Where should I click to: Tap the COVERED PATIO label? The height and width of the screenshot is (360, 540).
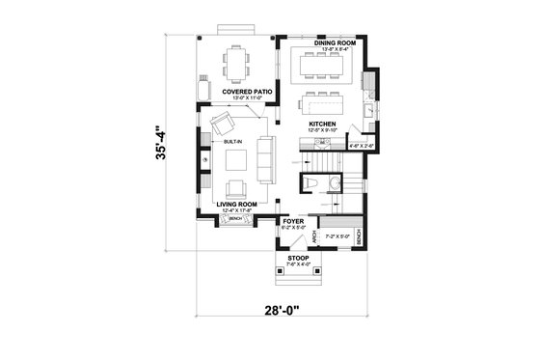click(x=245, y=92)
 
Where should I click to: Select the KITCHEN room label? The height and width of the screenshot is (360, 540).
click(x=321, y=125)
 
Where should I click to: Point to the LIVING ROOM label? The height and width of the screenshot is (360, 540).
click(x=235, y=204)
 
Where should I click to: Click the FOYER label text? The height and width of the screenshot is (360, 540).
click(x=293, y=221)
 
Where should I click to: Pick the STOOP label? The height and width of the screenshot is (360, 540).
click(x=293, y=257)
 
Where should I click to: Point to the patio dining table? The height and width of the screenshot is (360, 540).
click(x=236, y=64)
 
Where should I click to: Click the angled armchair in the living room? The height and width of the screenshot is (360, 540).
click(x=223, y=125)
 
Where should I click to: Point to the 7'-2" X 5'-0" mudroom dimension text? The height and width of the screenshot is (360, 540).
click(x=338, y=235)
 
